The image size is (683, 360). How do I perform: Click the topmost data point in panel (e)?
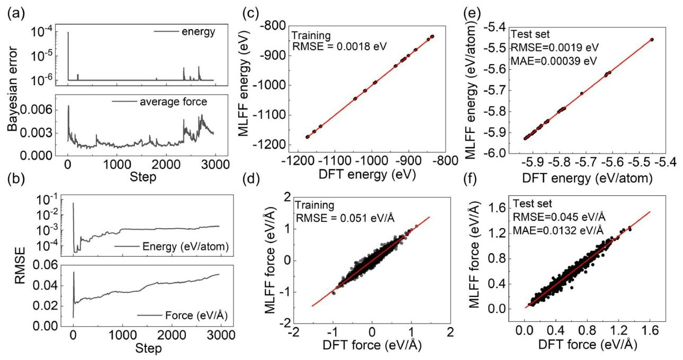point(652,39)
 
